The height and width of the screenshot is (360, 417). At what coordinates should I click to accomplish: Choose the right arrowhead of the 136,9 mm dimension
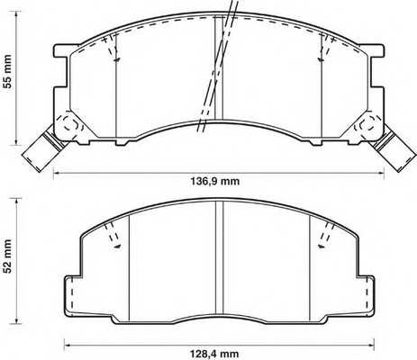(x=379, y=169)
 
